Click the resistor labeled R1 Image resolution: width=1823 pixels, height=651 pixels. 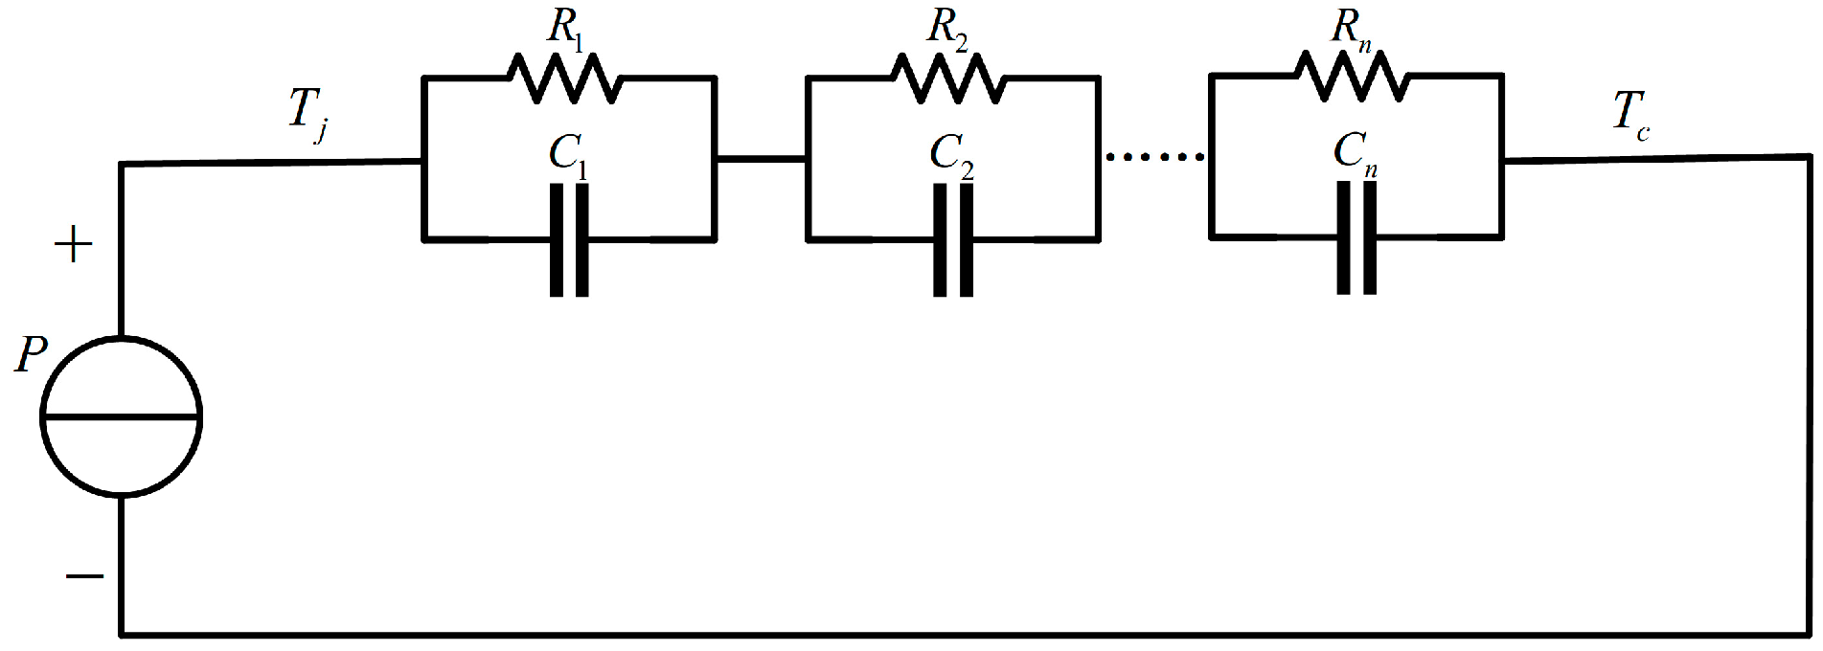pyautogui.click(x=565, y=78)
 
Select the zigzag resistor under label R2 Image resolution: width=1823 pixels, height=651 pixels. pyautogui.click(x=949, y=78)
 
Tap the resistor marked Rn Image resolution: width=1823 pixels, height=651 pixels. pyautogui.click(x=1353, y=78)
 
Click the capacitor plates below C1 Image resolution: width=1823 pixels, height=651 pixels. pyautogui.click(x=569, y=239)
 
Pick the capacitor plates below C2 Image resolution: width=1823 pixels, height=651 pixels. pyautogui.click(x=953, y=239)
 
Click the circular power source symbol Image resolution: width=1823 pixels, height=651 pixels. pyautogui.click(x=121, y=416)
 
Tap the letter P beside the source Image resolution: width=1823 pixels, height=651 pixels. pyautogui.click(x=32, y=357)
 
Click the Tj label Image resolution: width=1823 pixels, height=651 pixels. pyautogui.click(x=308, y=115)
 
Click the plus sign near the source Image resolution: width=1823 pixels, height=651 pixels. pyautogui.click(x=74, y=247)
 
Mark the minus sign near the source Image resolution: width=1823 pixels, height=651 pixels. pyautogui.click(x=84, y=576)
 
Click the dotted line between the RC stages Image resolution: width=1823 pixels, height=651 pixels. pyautogui.click(x=1154, y=156)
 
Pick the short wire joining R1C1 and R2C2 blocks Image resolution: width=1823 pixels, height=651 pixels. pyautogui.click(x=761, y=158)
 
